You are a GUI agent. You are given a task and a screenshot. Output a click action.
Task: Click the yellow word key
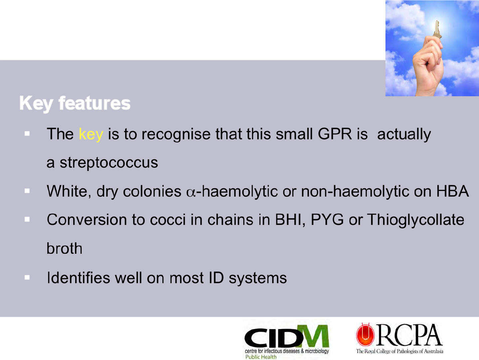91,134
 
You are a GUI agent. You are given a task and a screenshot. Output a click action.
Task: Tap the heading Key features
75,104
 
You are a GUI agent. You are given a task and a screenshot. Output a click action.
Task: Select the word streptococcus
109,163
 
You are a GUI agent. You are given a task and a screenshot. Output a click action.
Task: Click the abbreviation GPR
335,134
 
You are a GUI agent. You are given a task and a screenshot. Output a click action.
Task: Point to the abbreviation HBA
452,191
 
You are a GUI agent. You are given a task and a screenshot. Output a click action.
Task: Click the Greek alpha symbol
191,193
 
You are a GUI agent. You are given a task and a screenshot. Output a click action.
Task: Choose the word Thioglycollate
416,220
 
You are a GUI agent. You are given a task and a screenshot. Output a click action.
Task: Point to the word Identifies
79,278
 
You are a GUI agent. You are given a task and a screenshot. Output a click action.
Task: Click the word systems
258,278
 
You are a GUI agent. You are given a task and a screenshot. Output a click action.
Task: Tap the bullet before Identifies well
27,277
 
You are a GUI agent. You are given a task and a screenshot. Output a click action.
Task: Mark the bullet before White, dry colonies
27,191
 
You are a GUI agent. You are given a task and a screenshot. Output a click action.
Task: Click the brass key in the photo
437,30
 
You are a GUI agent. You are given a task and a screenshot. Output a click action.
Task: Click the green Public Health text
261,357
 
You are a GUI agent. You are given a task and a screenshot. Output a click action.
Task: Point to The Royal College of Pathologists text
399,351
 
